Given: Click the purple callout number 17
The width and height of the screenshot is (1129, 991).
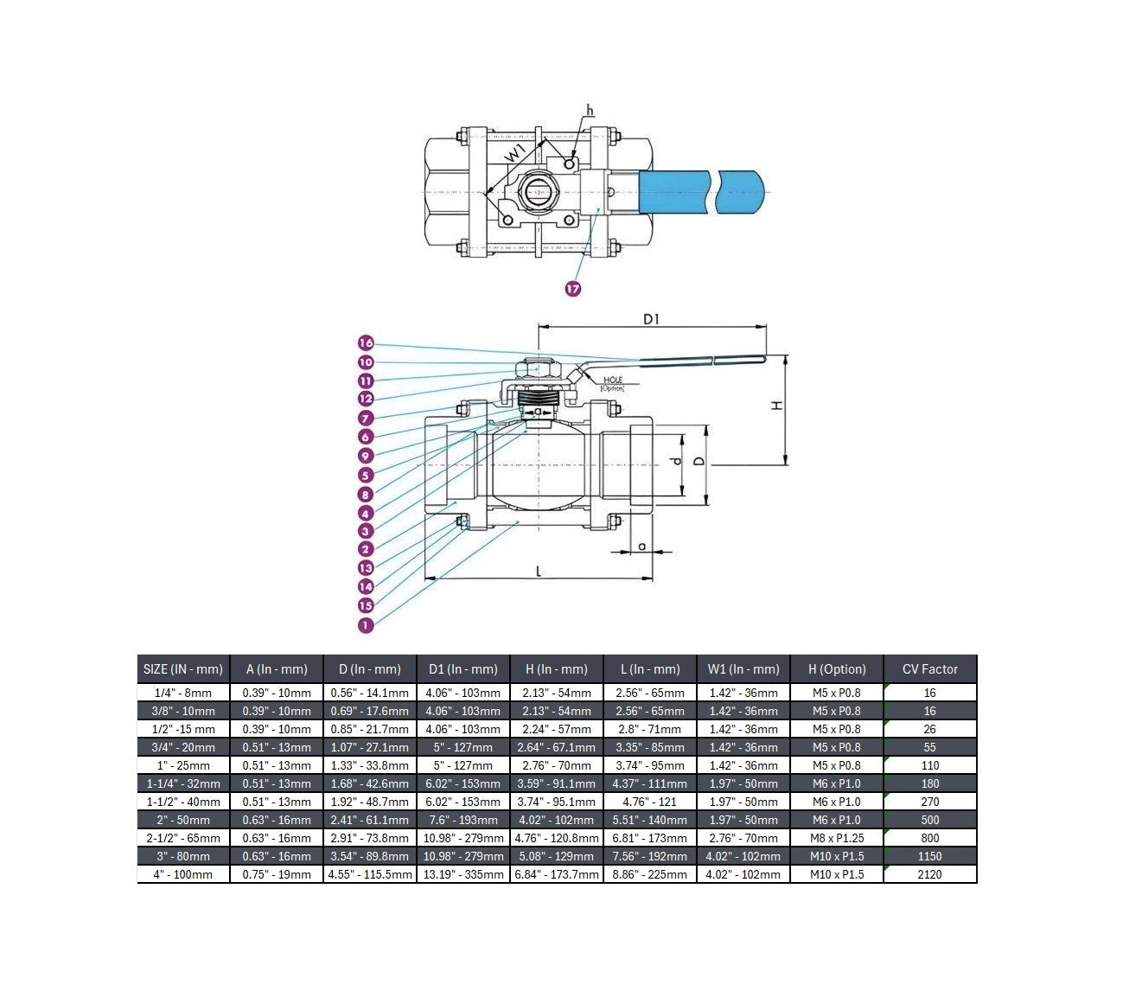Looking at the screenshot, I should (572, 289).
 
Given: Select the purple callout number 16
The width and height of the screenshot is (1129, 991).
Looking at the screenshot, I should (366, 343).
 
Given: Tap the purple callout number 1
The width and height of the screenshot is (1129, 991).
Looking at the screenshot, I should (366, 624).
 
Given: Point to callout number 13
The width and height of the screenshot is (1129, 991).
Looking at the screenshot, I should (366, 568).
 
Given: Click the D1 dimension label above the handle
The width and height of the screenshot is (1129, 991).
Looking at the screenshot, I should (652, 319).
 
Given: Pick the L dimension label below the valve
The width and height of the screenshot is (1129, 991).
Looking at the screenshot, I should (539, 571).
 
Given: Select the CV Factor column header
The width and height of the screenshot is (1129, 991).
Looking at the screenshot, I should (929, 669).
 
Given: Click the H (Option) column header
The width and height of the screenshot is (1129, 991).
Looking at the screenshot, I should (836, 669).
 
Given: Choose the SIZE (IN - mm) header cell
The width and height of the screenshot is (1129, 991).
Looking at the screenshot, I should (183, 669).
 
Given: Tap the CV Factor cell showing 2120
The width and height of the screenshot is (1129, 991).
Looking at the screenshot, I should (929, 874).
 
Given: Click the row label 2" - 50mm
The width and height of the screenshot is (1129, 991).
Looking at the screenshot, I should (183, 820).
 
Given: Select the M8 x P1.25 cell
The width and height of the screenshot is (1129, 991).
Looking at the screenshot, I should (836, 838).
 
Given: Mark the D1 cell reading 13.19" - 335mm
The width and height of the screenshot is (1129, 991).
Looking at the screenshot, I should (463, 874).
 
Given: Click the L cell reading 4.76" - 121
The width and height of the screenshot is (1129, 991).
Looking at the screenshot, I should (650, 802).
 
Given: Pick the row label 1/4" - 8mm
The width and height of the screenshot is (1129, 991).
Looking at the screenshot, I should (183, 693).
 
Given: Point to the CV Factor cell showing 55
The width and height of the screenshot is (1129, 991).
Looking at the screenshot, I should (929, 747).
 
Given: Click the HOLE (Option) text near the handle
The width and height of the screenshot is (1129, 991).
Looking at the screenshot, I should (613, 384).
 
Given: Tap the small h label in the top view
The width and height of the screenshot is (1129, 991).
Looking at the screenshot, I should (590, 110).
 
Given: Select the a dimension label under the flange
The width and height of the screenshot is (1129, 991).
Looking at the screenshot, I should (641, 546).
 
